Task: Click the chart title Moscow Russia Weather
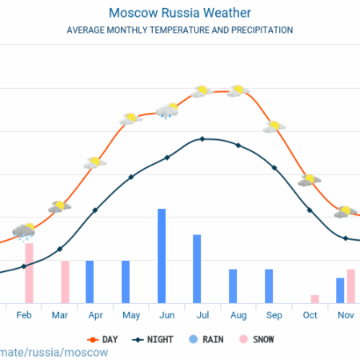click(179, 14)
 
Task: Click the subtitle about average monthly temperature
click(179, 30)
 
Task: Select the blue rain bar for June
click(161, 255)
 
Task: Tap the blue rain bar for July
click(197, 269)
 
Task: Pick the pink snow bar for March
click(65, 282)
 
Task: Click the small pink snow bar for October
click(314, 298)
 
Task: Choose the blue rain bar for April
click(90, 282)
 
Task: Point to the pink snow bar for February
click(29, 272)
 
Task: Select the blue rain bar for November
click(340, 290)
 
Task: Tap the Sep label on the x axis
click(274, 315)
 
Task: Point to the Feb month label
click(24, 315)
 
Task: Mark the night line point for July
click(202, 139)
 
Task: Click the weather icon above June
click(167, 110)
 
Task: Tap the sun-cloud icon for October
click(309, 180)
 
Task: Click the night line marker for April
click(95, 210)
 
